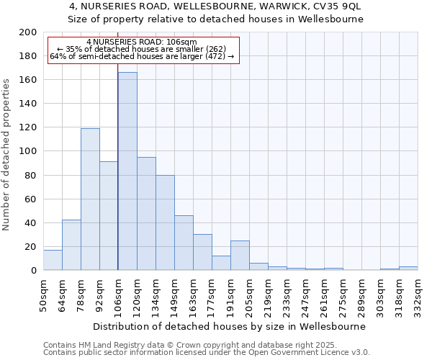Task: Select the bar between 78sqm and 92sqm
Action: (90, 199)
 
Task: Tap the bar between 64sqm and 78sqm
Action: (71, 245)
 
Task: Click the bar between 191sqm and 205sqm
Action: (240, 256)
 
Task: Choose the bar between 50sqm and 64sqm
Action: (53, 260)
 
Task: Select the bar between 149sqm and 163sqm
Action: (184, 243)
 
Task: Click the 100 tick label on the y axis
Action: (28, 151)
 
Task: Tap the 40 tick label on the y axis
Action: (31, 222)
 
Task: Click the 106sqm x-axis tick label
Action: (118, 294)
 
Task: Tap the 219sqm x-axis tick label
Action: (268, 294)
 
